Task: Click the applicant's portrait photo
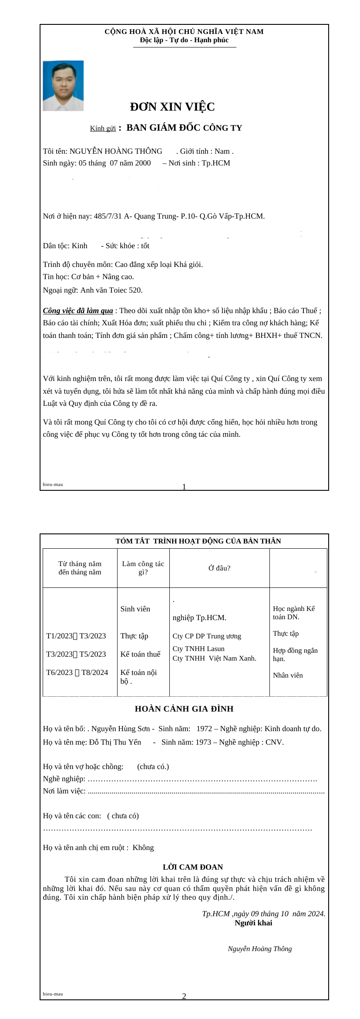(63, 86)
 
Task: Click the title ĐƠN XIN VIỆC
(172, 107)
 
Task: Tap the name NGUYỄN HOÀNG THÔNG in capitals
(116, 151)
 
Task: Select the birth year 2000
(143, 163)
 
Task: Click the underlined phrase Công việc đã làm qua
(78, 310)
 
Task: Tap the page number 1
(184, 487)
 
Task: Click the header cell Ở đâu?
(219, 568)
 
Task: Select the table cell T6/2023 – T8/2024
(77, 672)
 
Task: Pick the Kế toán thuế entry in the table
(140, 654)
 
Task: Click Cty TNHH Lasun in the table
(199, 649)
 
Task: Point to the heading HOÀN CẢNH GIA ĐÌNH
(184, 709)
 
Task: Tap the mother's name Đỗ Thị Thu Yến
(115, 742)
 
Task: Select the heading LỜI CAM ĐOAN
(193, 867)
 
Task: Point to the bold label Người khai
(253, 923)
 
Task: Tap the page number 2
(184, 996)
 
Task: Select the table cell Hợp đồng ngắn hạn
(295, 654)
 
